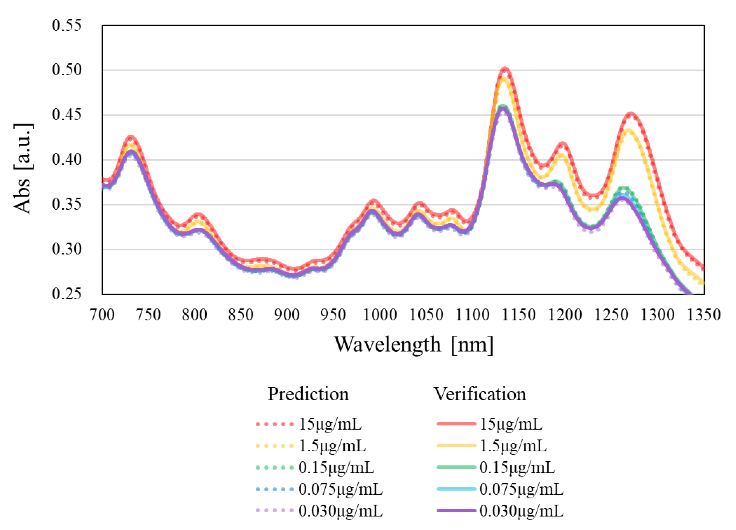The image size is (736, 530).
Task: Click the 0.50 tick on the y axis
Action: click(66, 70)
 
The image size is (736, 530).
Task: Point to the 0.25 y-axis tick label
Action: click(66, 294)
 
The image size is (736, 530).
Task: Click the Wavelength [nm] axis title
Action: click(414, 345)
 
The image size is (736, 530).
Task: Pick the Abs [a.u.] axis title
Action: click(23, 169)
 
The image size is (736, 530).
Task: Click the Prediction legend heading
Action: click(308, 394)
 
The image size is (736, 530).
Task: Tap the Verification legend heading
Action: click(480, 394)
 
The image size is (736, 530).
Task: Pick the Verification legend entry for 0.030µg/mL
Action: click(500, 511)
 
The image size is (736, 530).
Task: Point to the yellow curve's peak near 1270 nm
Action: click(629, 131)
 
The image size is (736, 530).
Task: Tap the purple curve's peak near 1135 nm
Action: click(503, 108)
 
